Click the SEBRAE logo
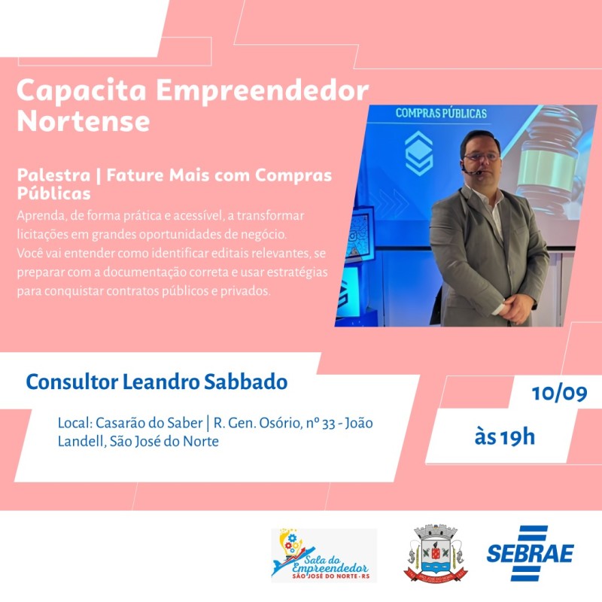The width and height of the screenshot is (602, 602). point(531,553)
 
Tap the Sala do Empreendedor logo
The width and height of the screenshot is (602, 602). point(324,555)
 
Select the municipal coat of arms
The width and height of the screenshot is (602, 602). point(436,553)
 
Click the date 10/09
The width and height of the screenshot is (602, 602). point(559,394)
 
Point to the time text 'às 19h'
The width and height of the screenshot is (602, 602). point(505,437)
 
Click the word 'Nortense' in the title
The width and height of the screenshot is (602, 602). point(84,121)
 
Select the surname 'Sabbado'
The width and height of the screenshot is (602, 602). point(245,382)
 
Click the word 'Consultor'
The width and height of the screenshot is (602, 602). point(72,382)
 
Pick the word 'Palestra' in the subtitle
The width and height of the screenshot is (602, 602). point(53,175)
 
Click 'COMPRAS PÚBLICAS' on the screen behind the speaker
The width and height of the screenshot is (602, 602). point(441,114)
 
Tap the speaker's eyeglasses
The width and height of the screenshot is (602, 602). point(481,157)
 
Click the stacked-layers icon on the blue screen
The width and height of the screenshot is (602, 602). point(419,153)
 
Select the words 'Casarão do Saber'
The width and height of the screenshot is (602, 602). point(149,423)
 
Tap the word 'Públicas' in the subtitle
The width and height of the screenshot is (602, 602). point(53,193)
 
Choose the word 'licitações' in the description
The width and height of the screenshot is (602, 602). point(42,234)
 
